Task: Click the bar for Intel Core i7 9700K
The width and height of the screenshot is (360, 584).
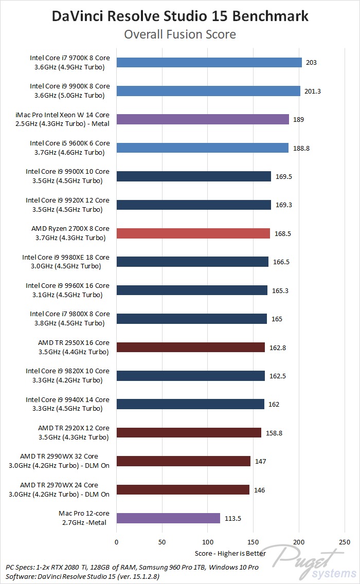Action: tap(209, 63)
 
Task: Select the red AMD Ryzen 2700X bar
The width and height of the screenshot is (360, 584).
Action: tap(193, 233)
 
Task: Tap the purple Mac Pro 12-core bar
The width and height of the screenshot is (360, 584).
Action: tap(168, 518)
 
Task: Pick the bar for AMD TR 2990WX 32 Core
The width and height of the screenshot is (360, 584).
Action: tap(183, 461)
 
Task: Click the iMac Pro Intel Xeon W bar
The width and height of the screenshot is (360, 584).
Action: tap(203, 119)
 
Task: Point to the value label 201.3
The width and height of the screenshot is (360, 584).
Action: tap(313, 91)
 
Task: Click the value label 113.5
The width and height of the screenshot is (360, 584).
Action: tap(233, 518)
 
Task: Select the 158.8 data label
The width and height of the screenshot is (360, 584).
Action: tap(274, 433)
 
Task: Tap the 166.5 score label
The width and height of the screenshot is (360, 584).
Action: tap(281, 262)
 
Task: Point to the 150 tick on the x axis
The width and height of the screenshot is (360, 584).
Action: tap(254, 542)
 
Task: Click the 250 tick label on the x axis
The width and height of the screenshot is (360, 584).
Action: tap(345, 542)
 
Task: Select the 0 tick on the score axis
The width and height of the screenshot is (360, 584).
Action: tap(117, 542)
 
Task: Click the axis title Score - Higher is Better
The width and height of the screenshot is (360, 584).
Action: tap(230, 554)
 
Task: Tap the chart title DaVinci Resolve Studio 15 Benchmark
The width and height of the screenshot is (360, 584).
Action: tap(180, 16)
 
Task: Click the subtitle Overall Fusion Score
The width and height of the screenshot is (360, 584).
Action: tap(180, 34)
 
